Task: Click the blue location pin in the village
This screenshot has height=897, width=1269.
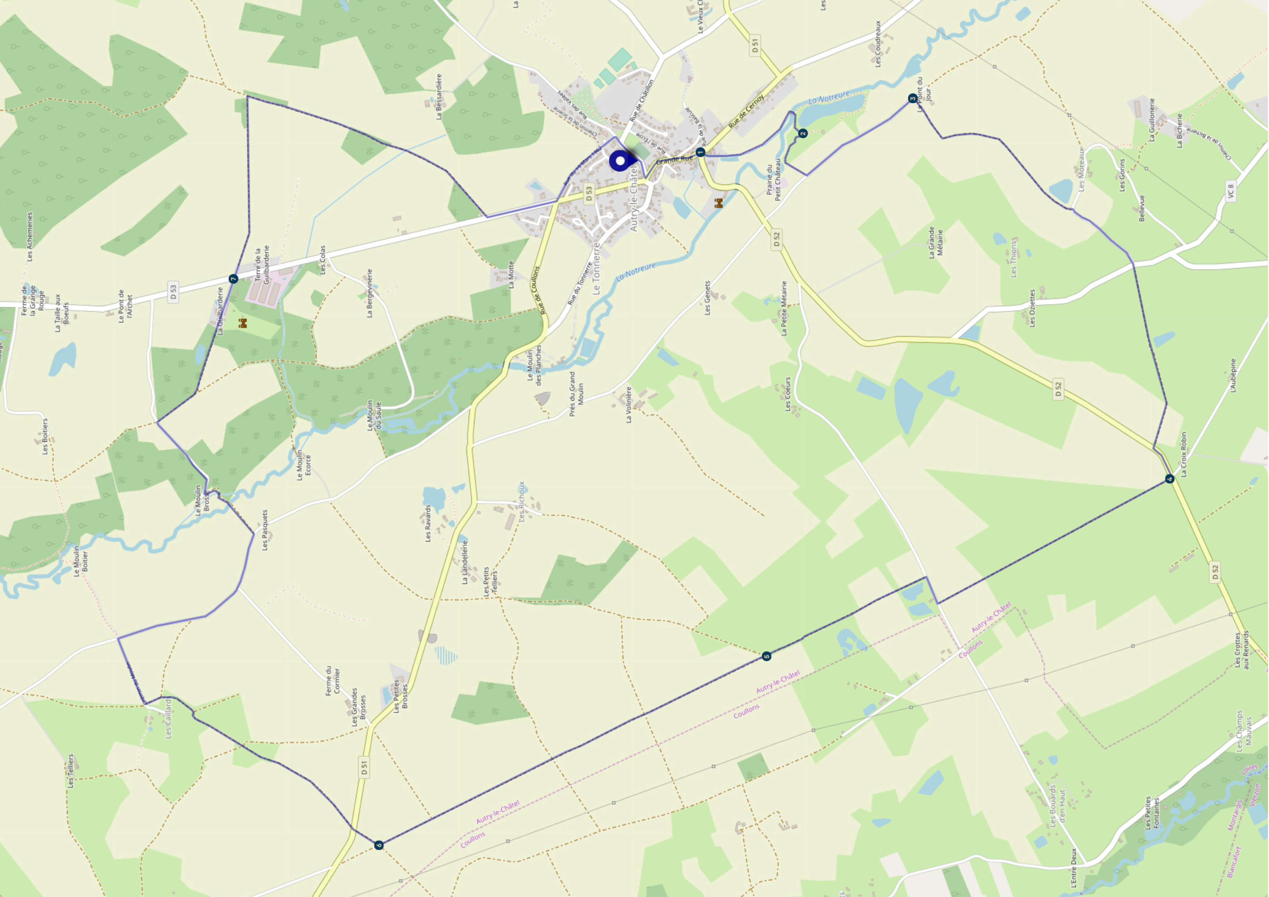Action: [x=620, y=161]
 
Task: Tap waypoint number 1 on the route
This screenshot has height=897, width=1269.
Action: [x=700, y=152]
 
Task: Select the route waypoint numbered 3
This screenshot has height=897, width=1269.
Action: [x=913, y=98]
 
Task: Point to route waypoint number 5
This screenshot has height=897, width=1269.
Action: [x=766, y=656]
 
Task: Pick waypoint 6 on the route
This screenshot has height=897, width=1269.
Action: [x=379, y=845]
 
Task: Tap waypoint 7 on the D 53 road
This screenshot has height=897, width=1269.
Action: [x=233, y=279]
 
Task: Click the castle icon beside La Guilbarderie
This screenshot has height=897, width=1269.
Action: [x=242, y=323]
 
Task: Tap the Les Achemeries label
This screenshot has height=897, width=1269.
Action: [x=29, y=237]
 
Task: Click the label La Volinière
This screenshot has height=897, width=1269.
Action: [x=628, y=405]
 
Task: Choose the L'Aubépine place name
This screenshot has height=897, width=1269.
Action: [x=1232, y=376]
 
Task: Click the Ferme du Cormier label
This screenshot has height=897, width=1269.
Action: [x=333, y=680]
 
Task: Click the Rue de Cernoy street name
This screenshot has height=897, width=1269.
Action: [x=746, y=111]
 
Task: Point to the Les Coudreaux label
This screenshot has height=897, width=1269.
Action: [x=878, y=44]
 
